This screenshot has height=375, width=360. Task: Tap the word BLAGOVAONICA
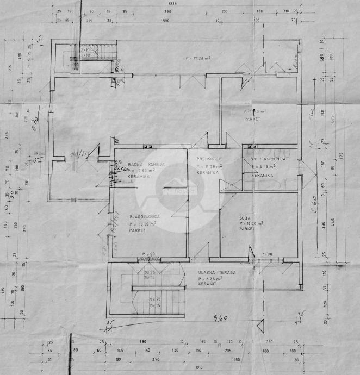click(144, 216)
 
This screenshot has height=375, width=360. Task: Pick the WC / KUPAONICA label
click(268, 159)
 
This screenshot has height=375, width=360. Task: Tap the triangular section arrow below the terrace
click(260, 327)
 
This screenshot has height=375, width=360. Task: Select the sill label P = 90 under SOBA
click(266, 254)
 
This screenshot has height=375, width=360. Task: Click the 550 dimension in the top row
click(166, 21)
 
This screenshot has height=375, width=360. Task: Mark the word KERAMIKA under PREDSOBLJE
click(208, 172)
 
